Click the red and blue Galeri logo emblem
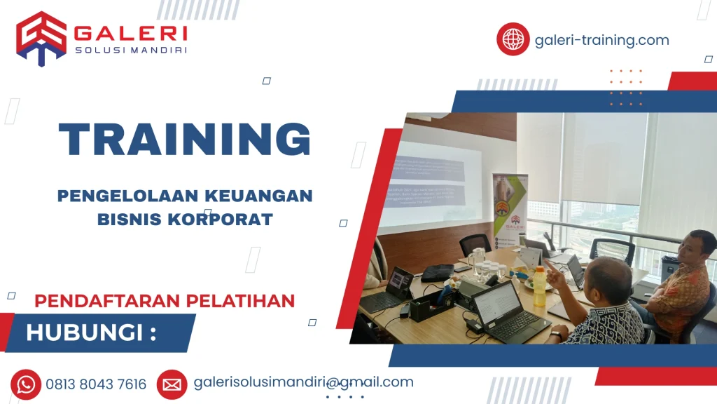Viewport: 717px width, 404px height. pyautogui.click(x=41, y=39)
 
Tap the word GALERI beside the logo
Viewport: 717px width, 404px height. pyautogui.click(x=130, y=33)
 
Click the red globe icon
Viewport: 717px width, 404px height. pyautogui.click(x=513, y=39)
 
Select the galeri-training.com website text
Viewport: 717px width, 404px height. pyautogui.click(x=601, y=40)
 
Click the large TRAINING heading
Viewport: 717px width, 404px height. pyautogui.click(x=184, y=139)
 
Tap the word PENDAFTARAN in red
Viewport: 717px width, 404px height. pyautogui.click(x=94, y=301)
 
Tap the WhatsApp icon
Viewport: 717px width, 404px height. pyautogui.click(x=26, y=384)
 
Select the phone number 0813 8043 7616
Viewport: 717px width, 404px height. pyautogui.click(x=96, y=384)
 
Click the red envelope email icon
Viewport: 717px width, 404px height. pyautogui.click(x=172, y=384)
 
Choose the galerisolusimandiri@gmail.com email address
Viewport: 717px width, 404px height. pyautogui.click(x=303, y=382)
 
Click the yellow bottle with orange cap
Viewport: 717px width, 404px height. pyautogui.click(x=539, y=286)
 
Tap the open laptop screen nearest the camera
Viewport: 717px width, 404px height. pyautogui.click(x=498, y=302)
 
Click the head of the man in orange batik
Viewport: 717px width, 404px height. pyautogui.click(x=697, y=250)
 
